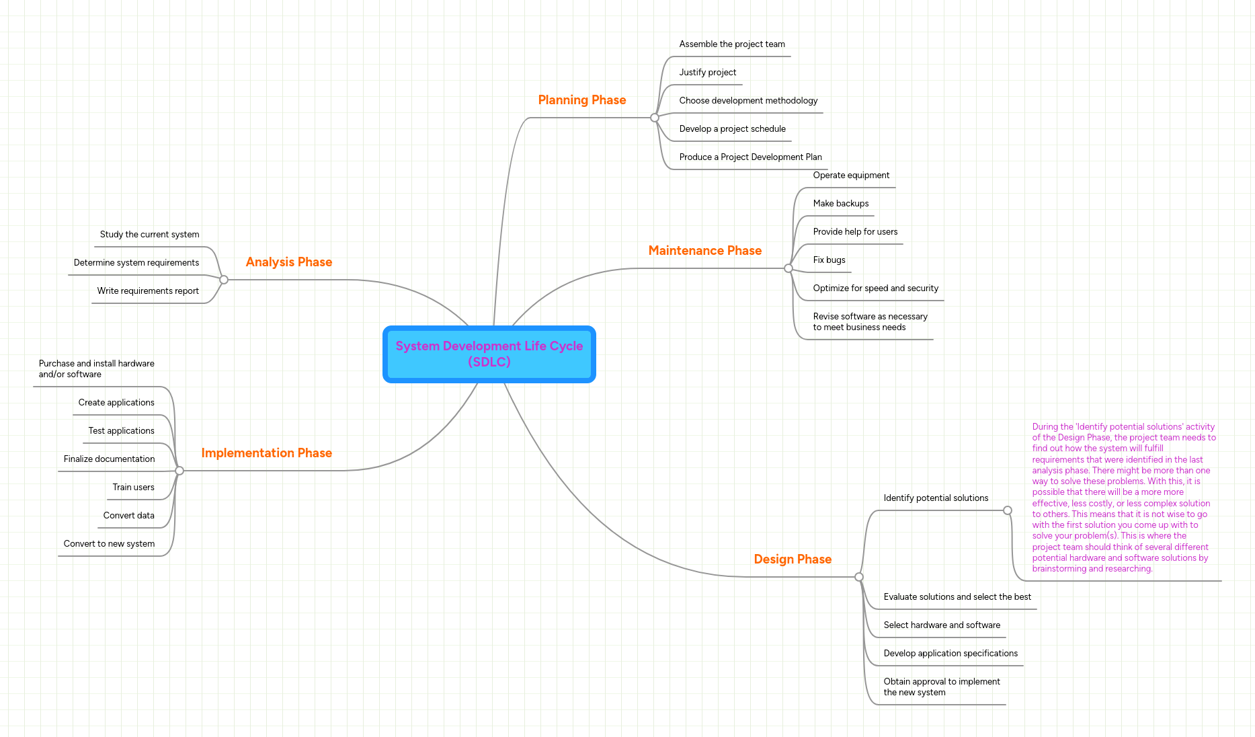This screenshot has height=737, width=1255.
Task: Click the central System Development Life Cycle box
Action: coord(489,354)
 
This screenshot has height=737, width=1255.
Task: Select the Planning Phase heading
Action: coord(581,100)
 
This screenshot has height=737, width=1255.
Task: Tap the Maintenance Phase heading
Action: coord(704,251)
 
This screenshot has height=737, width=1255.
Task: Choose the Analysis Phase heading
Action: coord(288,262)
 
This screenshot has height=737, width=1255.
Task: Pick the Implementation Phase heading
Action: coord(266,453)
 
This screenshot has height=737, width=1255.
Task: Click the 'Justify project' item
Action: coord(707,73)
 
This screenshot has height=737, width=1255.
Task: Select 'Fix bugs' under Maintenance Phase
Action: coord(829,260)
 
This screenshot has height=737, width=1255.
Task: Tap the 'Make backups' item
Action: coord(840,204)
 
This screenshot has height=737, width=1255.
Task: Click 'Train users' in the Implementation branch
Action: coord(133,488)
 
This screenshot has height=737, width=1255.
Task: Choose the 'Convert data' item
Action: coord(128,516)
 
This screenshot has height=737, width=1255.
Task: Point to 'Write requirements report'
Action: coord(148,291)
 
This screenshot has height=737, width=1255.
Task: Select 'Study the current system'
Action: coord(149,235)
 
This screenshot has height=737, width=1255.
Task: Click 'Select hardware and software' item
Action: coord(941,625)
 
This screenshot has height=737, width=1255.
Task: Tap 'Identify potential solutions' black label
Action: coord(935,498)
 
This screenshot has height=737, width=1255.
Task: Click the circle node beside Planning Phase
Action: coord(654,118)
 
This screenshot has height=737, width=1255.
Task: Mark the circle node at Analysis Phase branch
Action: coord(224,280)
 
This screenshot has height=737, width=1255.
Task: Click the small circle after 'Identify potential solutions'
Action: coord(1007,510)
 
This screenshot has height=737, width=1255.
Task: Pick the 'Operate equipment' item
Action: coord(850,176)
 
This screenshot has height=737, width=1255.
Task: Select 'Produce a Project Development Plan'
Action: coord(750,157)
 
